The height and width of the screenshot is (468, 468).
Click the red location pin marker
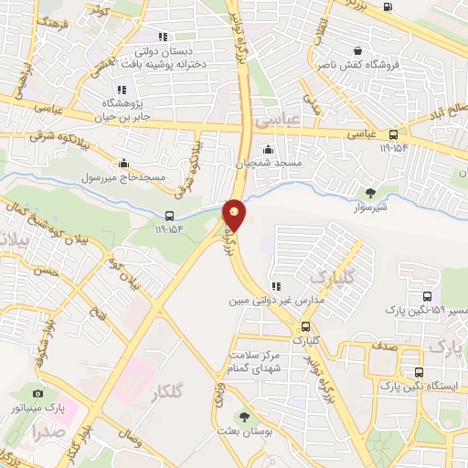235,215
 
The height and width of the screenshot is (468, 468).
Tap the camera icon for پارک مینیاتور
38,392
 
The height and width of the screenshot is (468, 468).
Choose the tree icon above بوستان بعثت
242,416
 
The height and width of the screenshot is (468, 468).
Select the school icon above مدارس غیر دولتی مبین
275,286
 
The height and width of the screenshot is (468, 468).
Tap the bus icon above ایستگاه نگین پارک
419,372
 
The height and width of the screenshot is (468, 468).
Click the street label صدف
382,348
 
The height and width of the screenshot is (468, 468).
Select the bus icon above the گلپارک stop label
305,325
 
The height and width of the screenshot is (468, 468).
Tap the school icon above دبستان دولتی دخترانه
163,37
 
